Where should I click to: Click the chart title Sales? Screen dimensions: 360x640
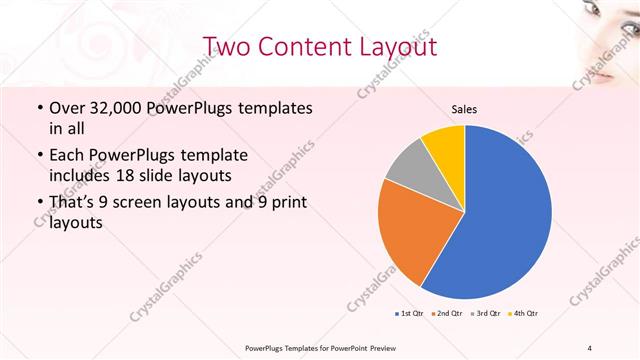465,109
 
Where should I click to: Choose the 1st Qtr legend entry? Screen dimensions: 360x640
410,313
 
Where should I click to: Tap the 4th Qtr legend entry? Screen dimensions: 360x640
525,313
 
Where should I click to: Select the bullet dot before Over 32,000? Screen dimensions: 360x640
39,108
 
